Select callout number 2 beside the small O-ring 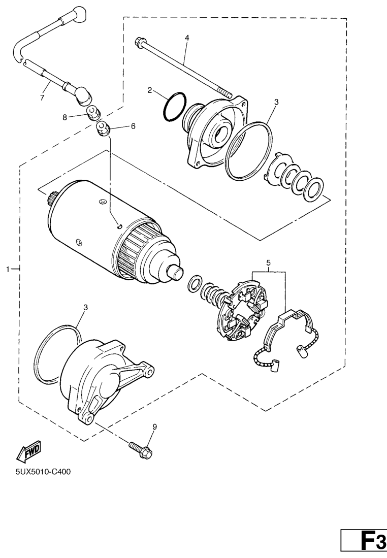[x=150, y=90]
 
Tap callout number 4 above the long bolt [x=186, y=38]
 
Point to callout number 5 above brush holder [x=268, y=263]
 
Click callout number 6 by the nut [x=134, y=126]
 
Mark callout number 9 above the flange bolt [x=155, y=427]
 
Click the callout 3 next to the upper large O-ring [x=276, y=102]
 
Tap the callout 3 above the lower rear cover [x=86, y=308]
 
